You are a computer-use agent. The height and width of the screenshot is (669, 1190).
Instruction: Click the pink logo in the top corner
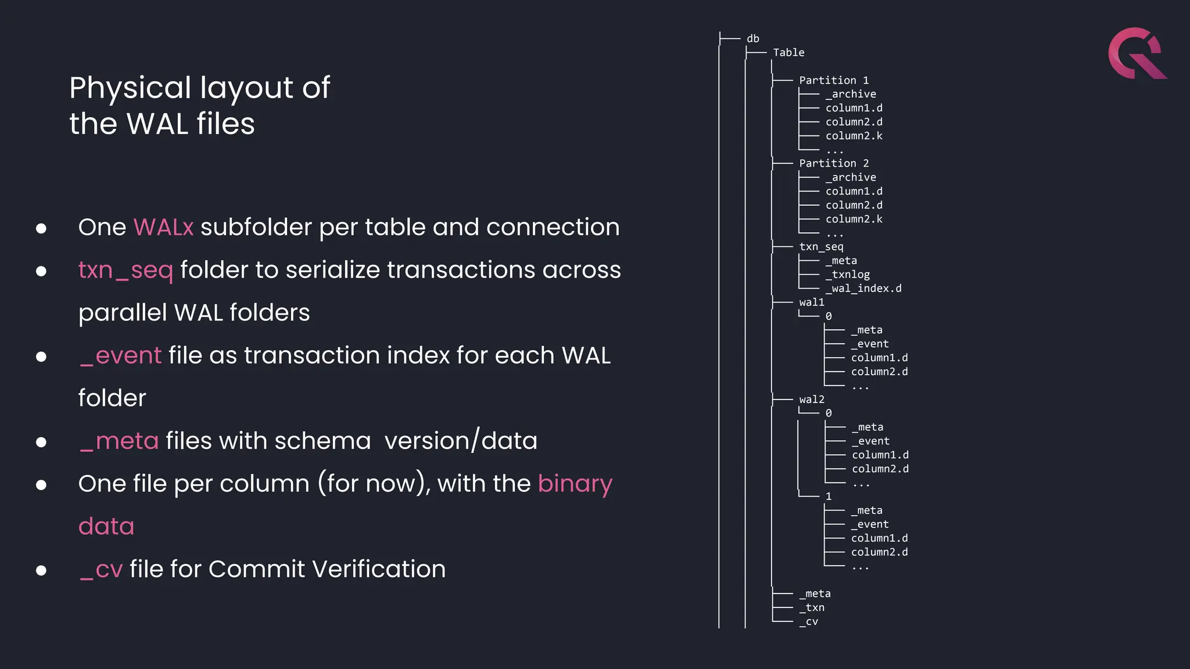click(1136, 53)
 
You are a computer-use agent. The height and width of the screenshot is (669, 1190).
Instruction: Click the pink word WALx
click(163, 227)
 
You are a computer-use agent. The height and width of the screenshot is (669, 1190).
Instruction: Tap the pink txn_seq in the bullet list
click(126, 270)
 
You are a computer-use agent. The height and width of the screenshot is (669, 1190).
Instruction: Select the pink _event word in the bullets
click(121, 355)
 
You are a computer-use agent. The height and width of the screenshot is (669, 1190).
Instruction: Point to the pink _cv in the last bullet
click(101, 569)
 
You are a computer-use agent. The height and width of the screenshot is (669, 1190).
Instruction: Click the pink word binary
click(575, 484)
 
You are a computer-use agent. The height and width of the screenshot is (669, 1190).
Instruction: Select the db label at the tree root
click(753, 39)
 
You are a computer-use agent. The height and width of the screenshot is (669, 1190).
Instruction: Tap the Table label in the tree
click(788, 53)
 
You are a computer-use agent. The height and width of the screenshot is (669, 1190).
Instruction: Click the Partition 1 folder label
click(833, 80)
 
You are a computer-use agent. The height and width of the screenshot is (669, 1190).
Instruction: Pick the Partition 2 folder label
click(833, 164)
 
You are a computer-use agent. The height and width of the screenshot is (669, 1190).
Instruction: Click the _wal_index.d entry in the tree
click(863, 289)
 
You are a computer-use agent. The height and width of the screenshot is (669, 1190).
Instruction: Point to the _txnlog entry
click(848, 275)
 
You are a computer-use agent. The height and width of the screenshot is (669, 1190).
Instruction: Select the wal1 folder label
click(811, 303)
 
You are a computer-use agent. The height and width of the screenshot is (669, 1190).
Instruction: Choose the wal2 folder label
click(811, 400)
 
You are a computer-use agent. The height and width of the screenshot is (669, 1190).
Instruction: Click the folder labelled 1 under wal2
click(829, 497)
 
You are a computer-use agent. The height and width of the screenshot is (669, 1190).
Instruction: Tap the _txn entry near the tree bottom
click(812, 607)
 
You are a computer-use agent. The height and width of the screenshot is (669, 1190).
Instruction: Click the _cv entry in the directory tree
click(808, 621)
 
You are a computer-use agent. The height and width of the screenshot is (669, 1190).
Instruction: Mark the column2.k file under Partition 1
click(854, 136)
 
